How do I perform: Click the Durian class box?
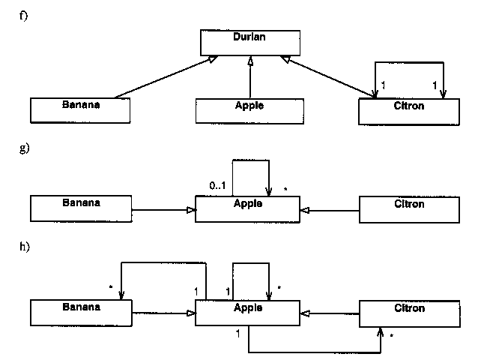249,42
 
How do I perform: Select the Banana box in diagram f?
80,109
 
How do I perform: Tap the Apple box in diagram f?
249,110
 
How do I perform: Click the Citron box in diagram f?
409,110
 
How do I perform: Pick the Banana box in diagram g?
80,208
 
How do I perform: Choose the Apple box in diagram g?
247,208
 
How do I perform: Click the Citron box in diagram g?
409,208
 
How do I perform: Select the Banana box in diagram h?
80,312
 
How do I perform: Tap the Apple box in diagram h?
247,312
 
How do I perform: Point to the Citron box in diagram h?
409,312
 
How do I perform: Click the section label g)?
22,148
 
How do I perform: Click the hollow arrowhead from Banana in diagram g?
191,211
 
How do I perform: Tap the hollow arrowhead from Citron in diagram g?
304,211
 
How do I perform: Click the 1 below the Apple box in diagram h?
237,332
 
